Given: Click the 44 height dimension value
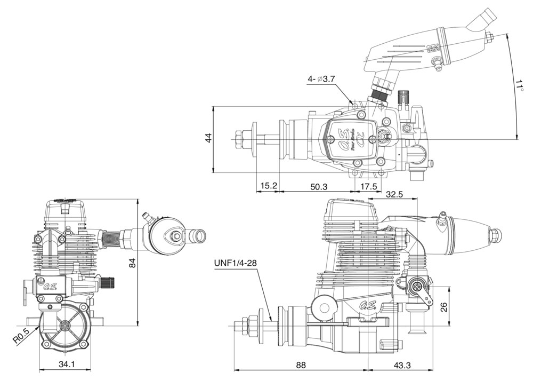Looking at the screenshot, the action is pos(208,138).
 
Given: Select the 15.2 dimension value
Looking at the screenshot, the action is pos(269,186).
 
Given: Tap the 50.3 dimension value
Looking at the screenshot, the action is pos(319,186).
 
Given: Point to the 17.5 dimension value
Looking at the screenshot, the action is pos(368,186).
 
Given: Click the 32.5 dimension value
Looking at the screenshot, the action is pos(394,194).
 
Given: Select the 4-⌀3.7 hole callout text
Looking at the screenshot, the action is pos(321,79).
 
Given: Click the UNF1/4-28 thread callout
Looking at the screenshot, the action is pos(236,263).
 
